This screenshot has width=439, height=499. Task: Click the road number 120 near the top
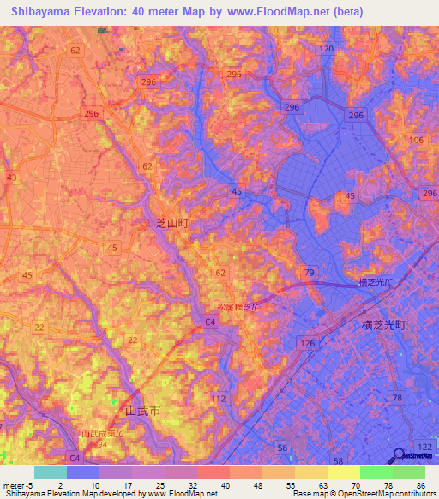[326, 50]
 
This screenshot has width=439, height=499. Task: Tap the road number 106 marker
[418, 140]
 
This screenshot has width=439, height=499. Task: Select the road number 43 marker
[11, 177]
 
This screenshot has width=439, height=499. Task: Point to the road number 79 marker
[310, 273]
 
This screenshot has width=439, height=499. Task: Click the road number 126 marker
[307, 344]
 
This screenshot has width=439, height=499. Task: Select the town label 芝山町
[171, 222]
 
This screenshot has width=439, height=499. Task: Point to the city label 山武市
[143, 411]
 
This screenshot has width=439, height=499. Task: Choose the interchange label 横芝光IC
[376, 282]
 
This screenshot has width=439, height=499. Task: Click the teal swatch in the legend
[51, 472]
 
